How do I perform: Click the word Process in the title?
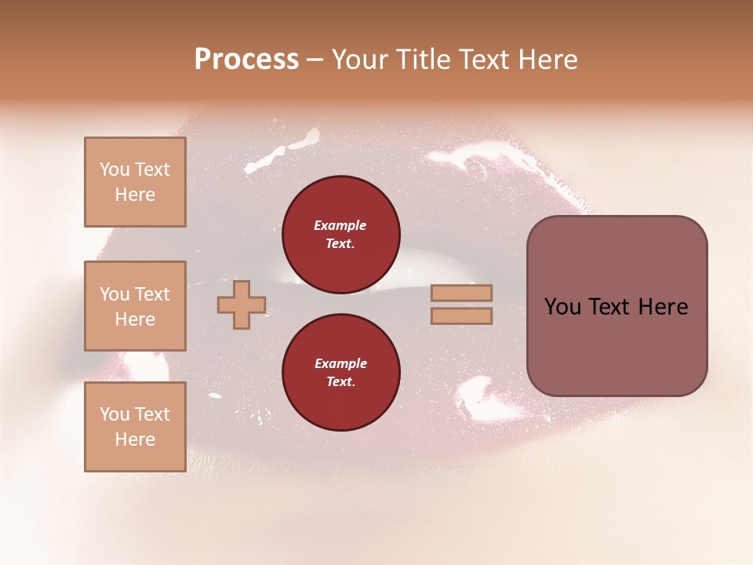click(x=246, y=60)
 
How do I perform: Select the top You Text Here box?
click(x=135, y=182)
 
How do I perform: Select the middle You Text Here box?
click(x=135, y=306)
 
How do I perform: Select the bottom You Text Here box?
click(x=135, y=427)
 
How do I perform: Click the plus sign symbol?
click(x=242, y=304)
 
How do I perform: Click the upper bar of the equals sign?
click(x=462, y=293)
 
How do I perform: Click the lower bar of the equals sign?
click(x=462, y=315)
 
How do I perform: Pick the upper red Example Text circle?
click(x=340, y=235)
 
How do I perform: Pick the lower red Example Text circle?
click(x=340, y=373)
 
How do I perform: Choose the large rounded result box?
click(x=617, y=306)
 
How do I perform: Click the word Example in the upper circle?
click(x=340, y=225)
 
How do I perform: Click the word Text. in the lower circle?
click(x=340, y=382)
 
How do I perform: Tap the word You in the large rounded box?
click(x=563, y=307)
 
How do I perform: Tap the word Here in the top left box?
click(x=135, y=195)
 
